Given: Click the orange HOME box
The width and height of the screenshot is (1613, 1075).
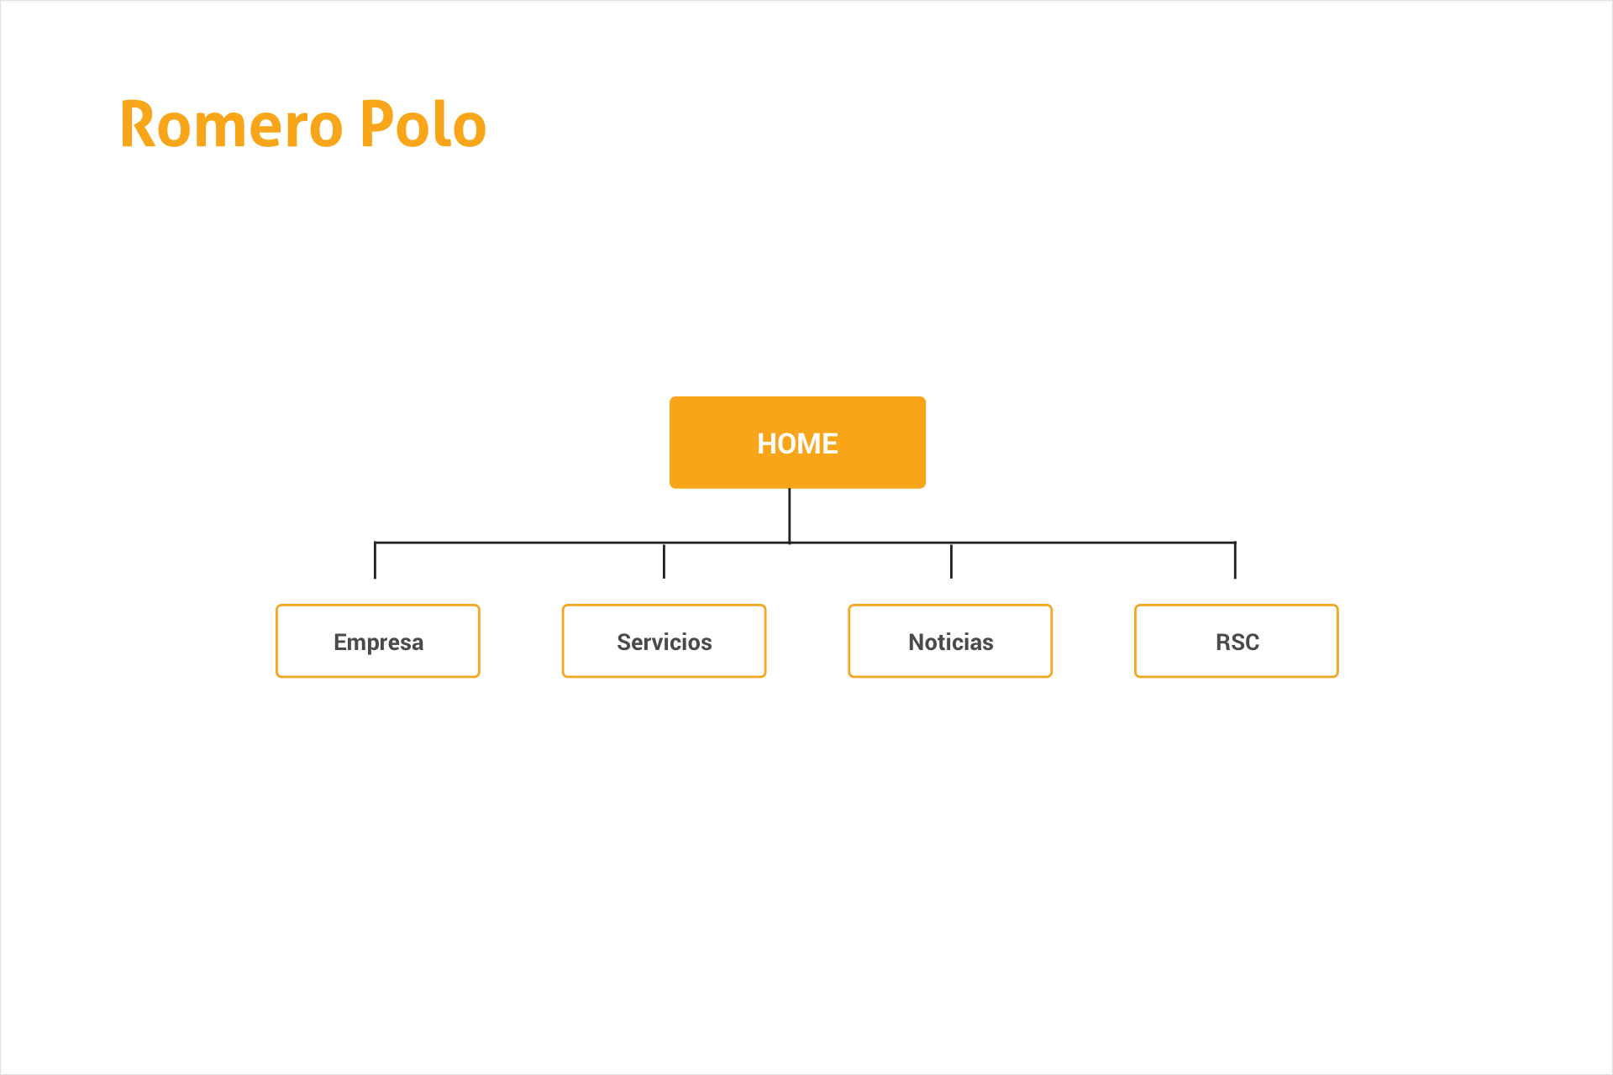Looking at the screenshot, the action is pos(797,443).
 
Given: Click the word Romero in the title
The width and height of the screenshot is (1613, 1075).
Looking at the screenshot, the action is pos(232,124).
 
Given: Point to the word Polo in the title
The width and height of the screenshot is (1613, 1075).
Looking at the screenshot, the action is pos(423,124).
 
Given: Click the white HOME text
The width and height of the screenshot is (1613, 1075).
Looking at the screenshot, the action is pos(797,443).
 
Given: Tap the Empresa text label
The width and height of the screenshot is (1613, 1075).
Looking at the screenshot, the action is pos(378,643).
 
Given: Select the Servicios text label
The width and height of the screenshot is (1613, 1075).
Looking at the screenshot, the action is pos(664,642).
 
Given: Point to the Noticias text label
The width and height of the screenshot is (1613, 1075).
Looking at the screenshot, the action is pos(950,642).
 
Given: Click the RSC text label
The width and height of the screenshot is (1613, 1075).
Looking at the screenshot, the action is pos(1237,642).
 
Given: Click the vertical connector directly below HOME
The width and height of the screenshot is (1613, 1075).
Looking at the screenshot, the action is pos(789,516).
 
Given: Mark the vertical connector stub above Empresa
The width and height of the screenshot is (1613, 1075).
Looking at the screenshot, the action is pos(375,560).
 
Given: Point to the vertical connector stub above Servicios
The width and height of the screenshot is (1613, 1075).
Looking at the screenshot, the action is pos(664,560).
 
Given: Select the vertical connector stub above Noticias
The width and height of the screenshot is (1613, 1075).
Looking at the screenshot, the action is pos(951,560).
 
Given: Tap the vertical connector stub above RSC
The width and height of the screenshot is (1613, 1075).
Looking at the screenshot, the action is pos(1235,560).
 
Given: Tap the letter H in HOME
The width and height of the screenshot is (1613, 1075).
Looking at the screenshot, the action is pos(767,443).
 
